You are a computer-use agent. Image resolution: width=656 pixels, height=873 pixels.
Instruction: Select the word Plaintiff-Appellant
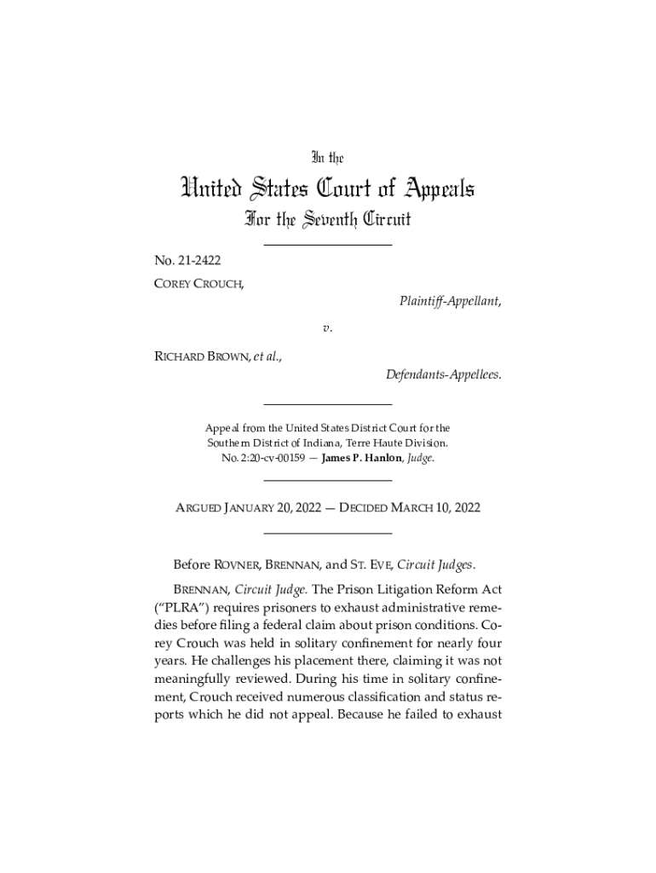coord(449,301)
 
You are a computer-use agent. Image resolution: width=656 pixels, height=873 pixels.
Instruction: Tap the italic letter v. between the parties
coord(327,327)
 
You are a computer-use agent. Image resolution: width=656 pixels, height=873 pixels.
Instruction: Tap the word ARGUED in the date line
coord(199,508)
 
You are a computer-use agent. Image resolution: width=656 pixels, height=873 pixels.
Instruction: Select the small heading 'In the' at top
coord(327,157)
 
